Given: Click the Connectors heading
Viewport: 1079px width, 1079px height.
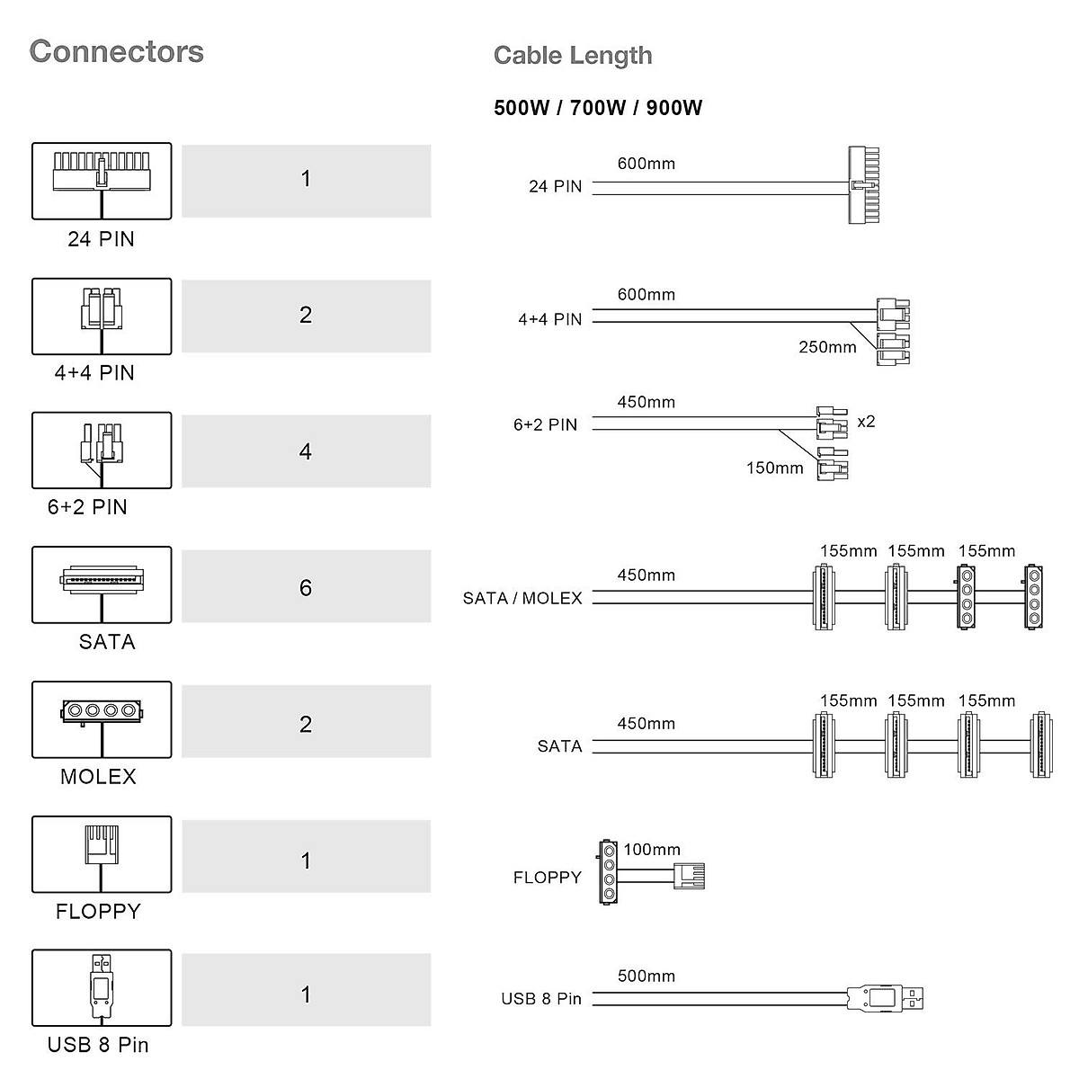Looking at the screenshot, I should tap(117, 51).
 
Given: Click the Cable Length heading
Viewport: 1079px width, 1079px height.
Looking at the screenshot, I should tap(573, 56).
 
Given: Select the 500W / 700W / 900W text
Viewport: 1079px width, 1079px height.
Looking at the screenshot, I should tap(598, 109).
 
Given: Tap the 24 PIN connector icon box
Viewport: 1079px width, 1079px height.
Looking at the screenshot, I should tap(102, 180).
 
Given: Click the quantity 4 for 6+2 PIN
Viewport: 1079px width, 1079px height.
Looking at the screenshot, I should tap(306, 451).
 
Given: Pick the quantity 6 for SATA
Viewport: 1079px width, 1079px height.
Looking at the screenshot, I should tap(306, 587).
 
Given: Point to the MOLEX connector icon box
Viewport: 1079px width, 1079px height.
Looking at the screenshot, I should tap(102, 718).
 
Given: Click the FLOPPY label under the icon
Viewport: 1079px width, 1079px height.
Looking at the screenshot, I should tap(98, 912).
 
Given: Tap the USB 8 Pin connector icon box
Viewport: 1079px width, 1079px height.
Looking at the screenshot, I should tap(102, 987).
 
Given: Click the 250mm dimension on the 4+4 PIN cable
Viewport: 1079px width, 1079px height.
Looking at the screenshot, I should tap(827, 347).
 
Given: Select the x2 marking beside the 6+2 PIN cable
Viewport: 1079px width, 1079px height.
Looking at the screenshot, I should tap(866, 421).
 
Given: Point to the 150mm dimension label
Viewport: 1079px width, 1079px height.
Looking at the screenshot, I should tap(774, 468).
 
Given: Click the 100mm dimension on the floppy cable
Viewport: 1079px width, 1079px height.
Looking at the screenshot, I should tap(652, 850).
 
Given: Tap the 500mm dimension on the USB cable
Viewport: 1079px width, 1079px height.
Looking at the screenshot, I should tap(646, 976).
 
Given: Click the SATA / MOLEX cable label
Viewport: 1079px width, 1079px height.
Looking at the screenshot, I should tap(522, 599).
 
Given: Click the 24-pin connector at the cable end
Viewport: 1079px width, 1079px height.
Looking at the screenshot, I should tap(863, 185).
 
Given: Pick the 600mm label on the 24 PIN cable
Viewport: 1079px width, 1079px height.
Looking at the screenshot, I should tap(646, 164).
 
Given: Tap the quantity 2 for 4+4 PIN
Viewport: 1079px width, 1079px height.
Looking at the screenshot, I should tap(306, 315).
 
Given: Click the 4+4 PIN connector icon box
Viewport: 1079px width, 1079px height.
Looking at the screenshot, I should tap(102, 316).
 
